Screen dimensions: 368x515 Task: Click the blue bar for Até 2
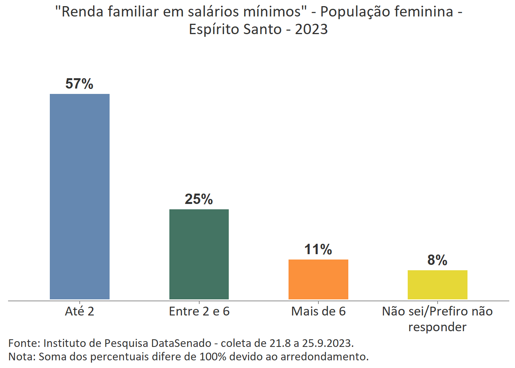tap(80, 196)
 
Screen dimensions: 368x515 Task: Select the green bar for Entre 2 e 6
tap(199, 254)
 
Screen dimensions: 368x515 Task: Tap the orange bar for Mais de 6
tap(318, 279)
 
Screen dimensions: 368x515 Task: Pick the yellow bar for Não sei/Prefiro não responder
tap(437, 284)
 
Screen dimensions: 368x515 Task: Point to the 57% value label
tap(79, 84)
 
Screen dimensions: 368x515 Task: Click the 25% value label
tap(199, 199)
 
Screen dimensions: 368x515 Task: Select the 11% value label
tap(318, 250)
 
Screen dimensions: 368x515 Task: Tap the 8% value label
tap(437, 260)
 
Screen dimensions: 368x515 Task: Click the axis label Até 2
tap(79, 311)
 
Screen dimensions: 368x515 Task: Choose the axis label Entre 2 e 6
tap(199, 311)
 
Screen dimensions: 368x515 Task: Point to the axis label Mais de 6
tap(318, 311)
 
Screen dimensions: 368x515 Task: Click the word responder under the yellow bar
tap(437, 327)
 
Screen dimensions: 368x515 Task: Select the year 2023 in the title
tap(311, 29)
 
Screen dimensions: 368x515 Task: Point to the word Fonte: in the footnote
tap(24, 343)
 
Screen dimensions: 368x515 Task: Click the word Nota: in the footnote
tap(22, 356)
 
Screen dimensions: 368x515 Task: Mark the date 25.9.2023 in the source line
tap(327, 343)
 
